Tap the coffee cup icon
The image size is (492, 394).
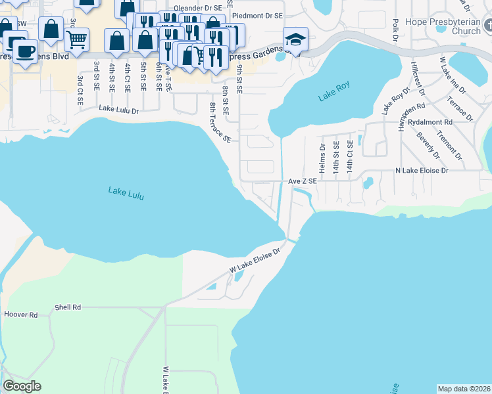coord(25,51)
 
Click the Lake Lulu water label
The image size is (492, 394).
coord(126,193)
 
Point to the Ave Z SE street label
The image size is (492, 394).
coord(302,181)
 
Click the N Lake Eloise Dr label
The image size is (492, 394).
coord(421,171)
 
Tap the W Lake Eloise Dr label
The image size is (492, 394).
coord(255,260)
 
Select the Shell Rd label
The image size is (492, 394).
coord(68,307)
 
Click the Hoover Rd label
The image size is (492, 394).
coord(20,315)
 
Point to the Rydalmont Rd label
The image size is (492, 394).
coord(430,122)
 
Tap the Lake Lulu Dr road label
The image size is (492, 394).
coord(119,110)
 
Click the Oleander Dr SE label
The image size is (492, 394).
coord(197,9)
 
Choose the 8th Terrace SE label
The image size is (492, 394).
coord(220,122)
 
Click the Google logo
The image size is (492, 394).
coord(22,386)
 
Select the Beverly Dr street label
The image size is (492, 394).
coord(428,145)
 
